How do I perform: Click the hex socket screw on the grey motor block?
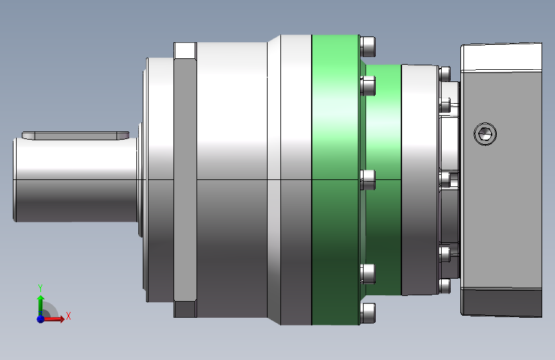(485, 134)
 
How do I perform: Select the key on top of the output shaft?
(76, 135)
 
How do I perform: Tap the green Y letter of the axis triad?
(40, 288)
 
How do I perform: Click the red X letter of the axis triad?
(68, 316)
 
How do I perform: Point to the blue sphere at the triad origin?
(41, 319)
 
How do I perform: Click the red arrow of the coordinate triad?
(54, 319)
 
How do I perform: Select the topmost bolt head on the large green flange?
(367, 46)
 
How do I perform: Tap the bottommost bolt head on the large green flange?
(367, 313)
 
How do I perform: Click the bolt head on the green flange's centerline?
(367, 179)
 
